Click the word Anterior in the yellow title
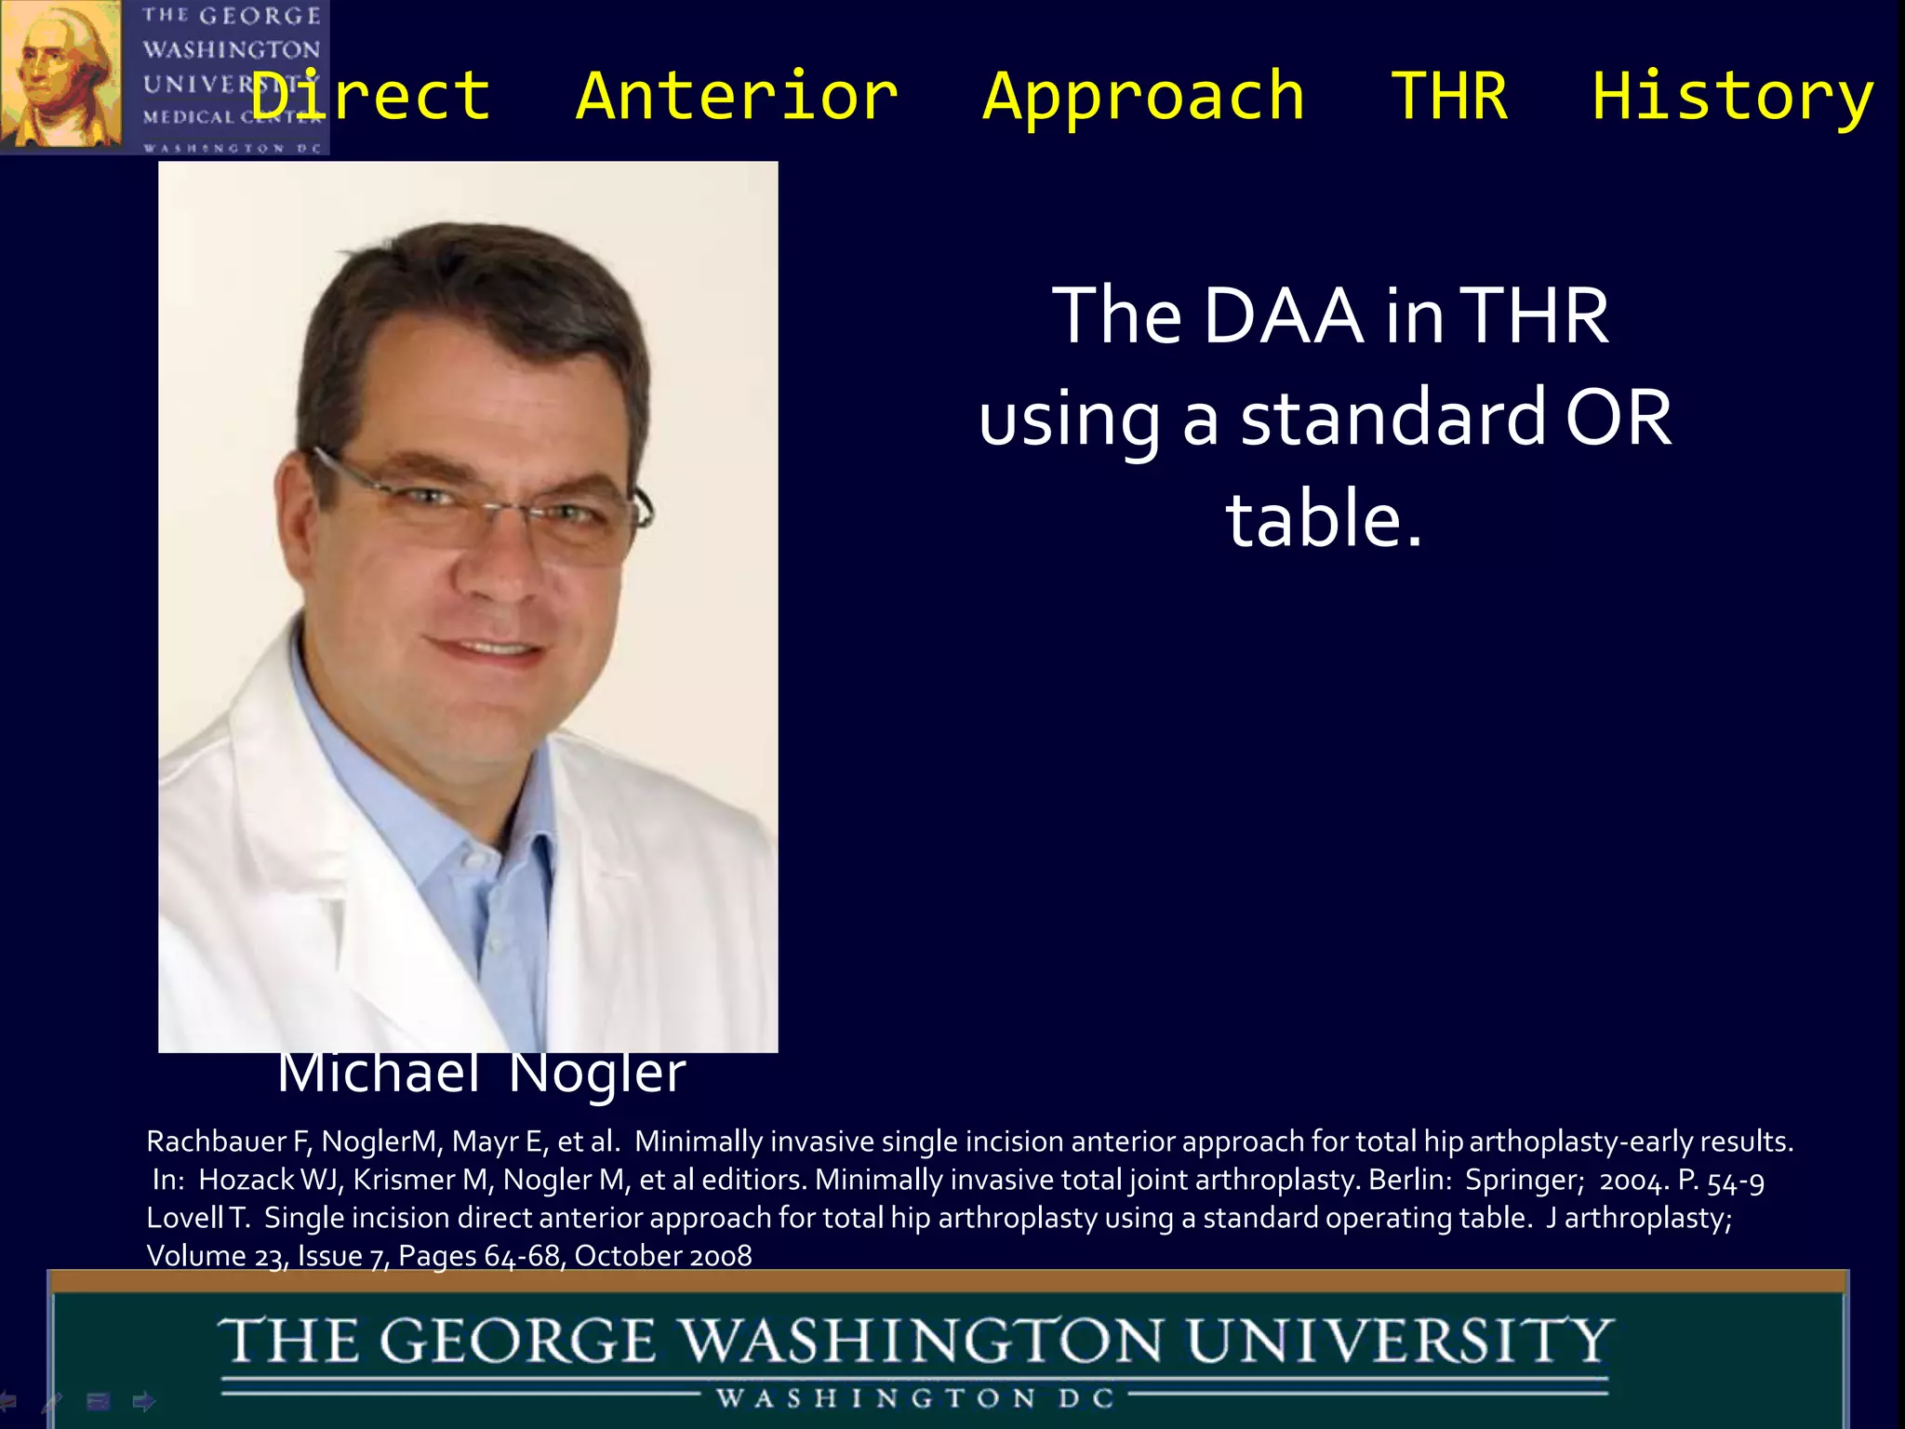pyautogui.click(x=737, y=96)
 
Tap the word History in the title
pyautogui.click(x=1733, y=96)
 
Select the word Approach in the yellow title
pyautogui.click(x=1144, y=98)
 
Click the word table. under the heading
pyautogui.click(x=1324, y=519)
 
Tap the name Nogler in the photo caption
pyautogui.click(x=596, y=1074)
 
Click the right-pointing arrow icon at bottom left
pyautogui.click(x=144, y=1400)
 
